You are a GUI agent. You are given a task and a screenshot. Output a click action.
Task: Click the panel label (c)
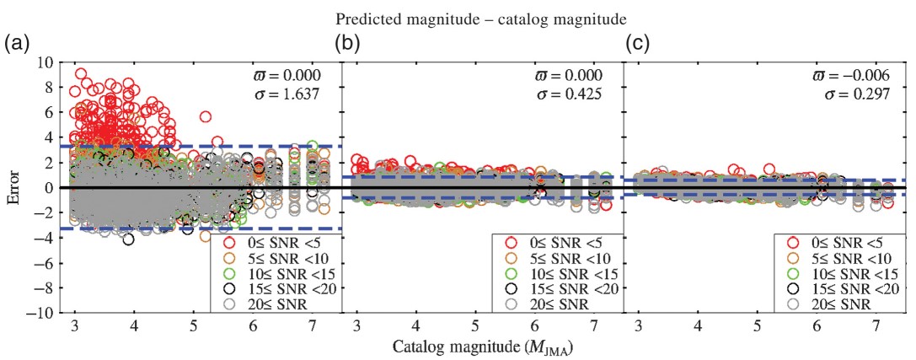point(637,43)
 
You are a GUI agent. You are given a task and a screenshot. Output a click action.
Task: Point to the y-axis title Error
point(12,187)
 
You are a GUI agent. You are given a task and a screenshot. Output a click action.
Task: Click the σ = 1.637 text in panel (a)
point(287,94)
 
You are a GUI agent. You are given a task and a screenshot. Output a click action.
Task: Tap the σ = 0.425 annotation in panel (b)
point(570,94)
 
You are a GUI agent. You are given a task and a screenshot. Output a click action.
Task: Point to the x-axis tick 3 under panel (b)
point(357,326)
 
